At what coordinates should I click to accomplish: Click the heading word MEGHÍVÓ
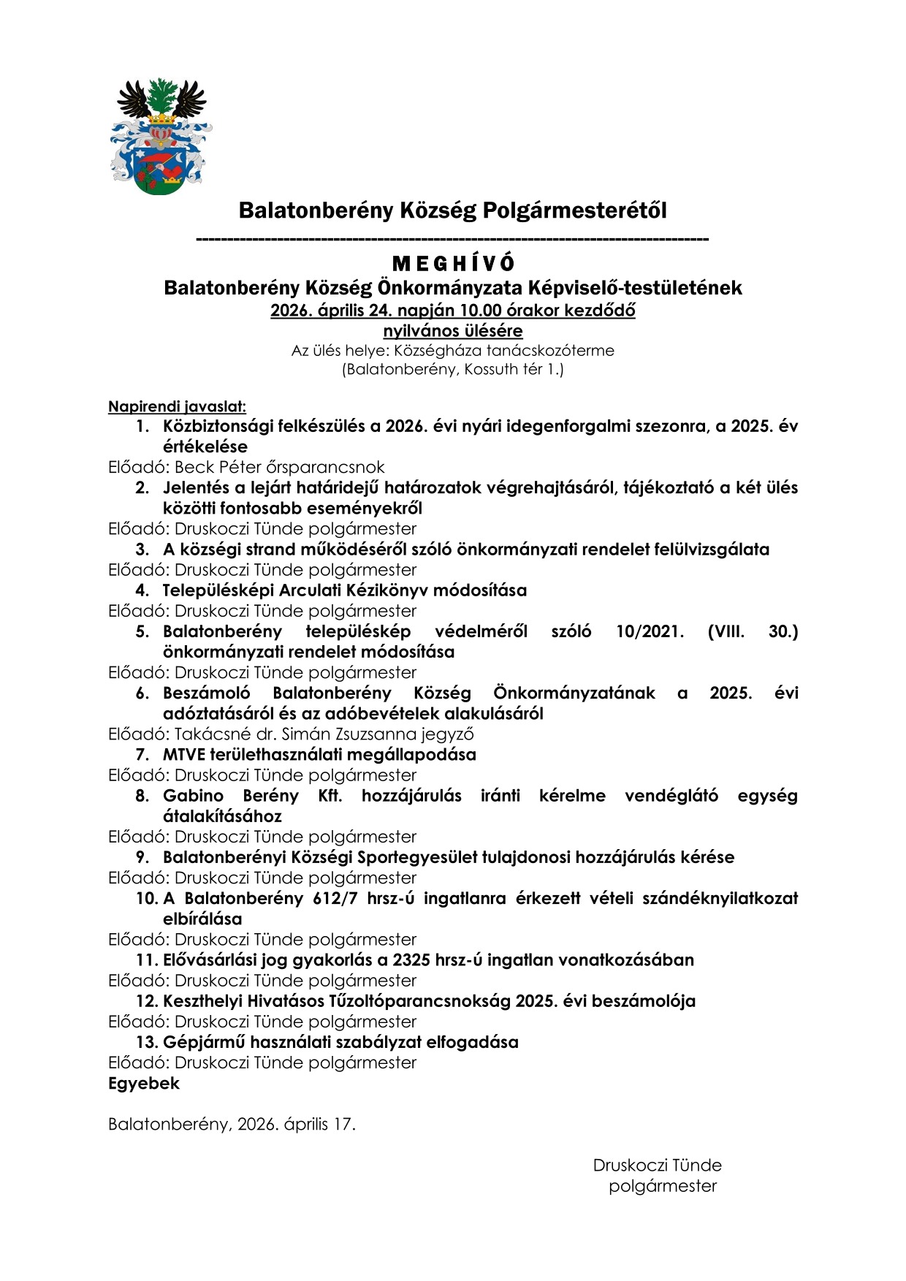(x=453, y=263)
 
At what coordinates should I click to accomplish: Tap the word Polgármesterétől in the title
(x=573, y=210)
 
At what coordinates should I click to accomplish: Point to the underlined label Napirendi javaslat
(x=177, y=406)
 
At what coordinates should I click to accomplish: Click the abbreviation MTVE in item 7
(x=186, y=755)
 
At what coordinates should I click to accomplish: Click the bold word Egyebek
(x=144, y=1084)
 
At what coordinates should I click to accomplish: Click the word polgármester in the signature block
(x=663, y=1186)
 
